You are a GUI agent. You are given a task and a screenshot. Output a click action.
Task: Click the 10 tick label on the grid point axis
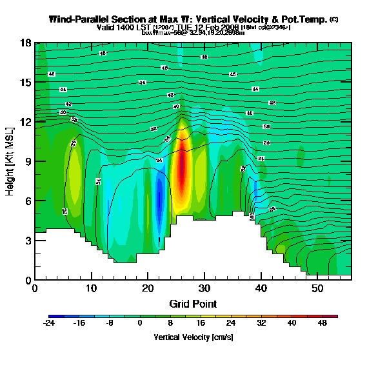pyautogui.click(x=91, y=288)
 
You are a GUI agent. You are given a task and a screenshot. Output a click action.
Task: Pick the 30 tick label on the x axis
pyautogui.click(x=204, y=288)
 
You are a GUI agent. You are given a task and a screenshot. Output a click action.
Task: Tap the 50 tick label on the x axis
pyautogui.click(x=317, y=288)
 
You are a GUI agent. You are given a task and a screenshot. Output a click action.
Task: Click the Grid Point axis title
pyautogui.click(x=193, y=303)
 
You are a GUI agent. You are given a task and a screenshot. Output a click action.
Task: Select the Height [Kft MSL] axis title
pyautogui.click(x=10, y=161)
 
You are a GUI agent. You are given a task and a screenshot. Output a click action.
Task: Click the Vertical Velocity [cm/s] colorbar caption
pyautogui.click(x=193, y=337)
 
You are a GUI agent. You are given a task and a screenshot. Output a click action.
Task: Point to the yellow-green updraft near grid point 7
pyautogui.click(x=74, y=174)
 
